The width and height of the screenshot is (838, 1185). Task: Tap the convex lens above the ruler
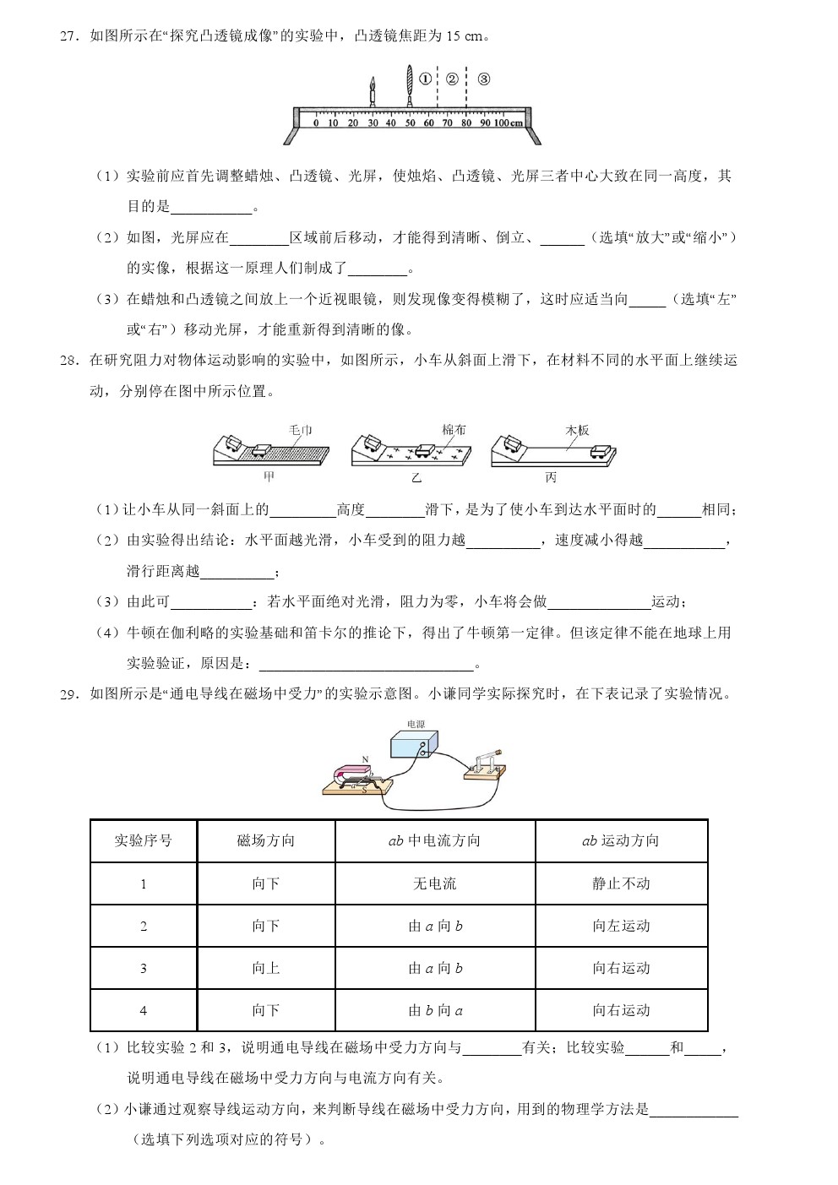pos(410,85)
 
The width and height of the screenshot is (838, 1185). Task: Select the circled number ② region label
pos(452,79)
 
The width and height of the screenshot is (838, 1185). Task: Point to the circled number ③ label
pos(483,79)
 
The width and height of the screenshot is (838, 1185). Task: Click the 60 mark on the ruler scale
pos(428,123)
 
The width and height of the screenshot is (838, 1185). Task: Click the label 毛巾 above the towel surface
pos(300,430)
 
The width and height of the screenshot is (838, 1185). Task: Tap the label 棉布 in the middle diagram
pos(454,430)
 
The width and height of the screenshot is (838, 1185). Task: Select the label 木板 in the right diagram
pos(577,430)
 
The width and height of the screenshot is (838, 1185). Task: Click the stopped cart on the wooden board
pos(601,452)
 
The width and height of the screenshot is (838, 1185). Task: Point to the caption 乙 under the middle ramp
pos(416,478)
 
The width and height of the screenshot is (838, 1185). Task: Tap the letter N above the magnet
pos(365,759)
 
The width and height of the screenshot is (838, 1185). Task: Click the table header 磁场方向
pos(266,840)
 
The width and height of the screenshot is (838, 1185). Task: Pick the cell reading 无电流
pos(434,883)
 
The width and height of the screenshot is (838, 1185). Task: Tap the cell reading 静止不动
pos(621,883)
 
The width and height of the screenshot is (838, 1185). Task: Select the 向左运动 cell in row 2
pos(621,926)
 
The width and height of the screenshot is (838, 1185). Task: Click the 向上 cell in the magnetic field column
pos(266,968)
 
